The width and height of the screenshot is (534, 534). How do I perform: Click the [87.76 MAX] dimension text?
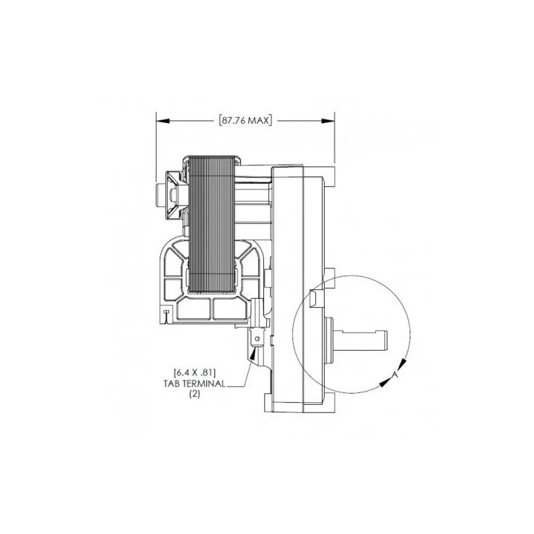click(245, 120)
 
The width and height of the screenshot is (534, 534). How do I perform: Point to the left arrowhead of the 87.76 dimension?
click(162, 121)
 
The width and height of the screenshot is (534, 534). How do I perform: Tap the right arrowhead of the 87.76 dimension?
click(328, 121)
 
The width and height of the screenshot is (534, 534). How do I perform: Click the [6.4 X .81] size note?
click(195, 372)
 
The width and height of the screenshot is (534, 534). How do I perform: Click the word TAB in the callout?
click(171, 384)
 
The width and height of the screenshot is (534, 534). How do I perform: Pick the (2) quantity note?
click(194, 394)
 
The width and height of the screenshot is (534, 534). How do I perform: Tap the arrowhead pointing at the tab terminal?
click(253, 355)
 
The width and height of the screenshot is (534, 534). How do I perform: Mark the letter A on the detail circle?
click(395, 375)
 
